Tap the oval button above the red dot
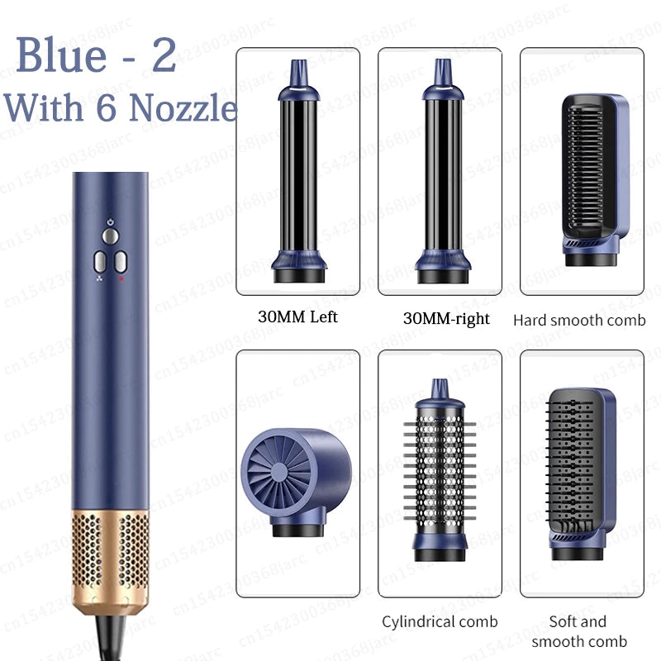pyautogui.click(x=121, y=263)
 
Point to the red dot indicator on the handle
pyautogui.click(x=121, y=280)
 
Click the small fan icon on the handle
pyautogui.click(x=99, y=280)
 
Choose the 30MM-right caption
pyautogui.click(x=446, y=318)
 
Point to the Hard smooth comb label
pyautogui.click(x=579, y=320)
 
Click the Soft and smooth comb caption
pyautogui.click(x=578, y=631)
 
